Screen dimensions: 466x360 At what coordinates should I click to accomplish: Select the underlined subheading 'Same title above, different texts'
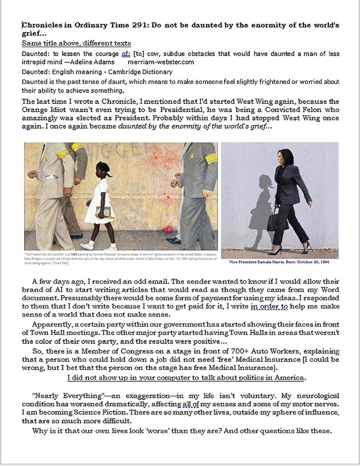click(x=76, y=43)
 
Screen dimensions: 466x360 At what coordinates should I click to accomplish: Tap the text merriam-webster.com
click(x=161, y=62)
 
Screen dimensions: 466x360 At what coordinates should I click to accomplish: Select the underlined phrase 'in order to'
click(x=269, y=306)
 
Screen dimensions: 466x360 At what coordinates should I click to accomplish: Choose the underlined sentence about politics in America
click(x=186, y=378)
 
